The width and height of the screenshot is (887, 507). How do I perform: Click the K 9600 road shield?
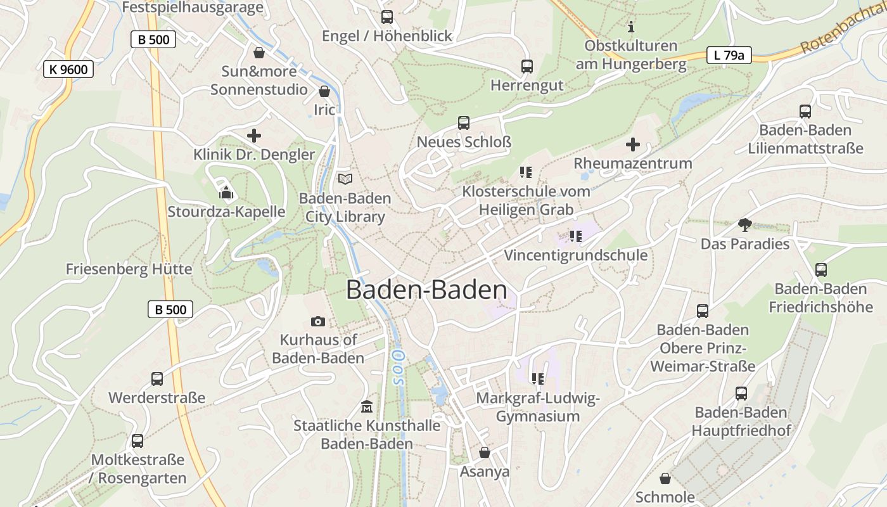[x=68, y=69]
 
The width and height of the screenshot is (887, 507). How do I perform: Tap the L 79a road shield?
[x=729, y=55]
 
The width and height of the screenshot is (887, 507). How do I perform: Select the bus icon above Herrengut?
[x=526, y=66]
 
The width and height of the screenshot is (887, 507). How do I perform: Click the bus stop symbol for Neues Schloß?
[x=464, y=123]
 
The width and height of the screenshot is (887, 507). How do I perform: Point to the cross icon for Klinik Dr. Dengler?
[x=254, y=136]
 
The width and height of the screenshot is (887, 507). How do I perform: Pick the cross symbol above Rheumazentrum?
[x=632, y=144]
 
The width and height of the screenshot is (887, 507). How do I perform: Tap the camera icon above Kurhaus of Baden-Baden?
[x=318, y=322]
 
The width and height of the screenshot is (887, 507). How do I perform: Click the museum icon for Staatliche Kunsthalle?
[x=367, y=406]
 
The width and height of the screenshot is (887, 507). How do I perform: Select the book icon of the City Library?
[x=345, y=179]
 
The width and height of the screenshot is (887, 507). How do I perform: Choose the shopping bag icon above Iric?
[x=324, y=91]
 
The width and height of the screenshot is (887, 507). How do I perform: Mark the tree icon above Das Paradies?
[x=745, y=224]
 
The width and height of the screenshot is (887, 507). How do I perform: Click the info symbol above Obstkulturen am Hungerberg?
[x=630, y=27]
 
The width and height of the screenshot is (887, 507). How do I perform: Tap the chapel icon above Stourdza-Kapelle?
[x=226, y=193]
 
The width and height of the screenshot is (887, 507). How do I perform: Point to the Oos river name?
[x=398, y=368]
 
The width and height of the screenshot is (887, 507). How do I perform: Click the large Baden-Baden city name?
[x=426, y=290]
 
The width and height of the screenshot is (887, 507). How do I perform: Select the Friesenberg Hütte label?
[x=129, y=269]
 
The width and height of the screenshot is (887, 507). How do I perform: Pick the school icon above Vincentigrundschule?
[x=575, y=236]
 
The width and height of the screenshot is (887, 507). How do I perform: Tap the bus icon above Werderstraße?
[x=157, y=379]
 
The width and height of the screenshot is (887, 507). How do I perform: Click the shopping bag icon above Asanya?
[x=485, y=452]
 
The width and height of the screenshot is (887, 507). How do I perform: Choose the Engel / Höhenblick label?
[x=387, y=35]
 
